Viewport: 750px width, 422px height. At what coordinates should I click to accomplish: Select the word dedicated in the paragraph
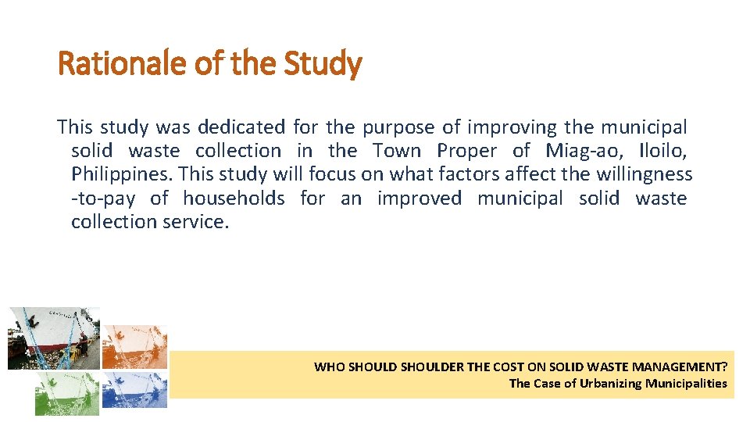[241, 127]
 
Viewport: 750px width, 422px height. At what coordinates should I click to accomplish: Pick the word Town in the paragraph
[397, 150]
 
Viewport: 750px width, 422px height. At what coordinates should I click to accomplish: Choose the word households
[234, 198]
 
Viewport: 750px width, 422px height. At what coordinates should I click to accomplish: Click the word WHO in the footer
[327, 367]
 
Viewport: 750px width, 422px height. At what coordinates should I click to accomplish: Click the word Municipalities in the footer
[686, 383]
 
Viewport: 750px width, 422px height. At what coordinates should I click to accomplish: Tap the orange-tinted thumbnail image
[134, 347]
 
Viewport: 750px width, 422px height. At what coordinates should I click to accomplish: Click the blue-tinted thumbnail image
[134, 390]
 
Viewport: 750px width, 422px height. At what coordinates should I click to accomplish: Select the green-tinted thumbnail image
[67, 392]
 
